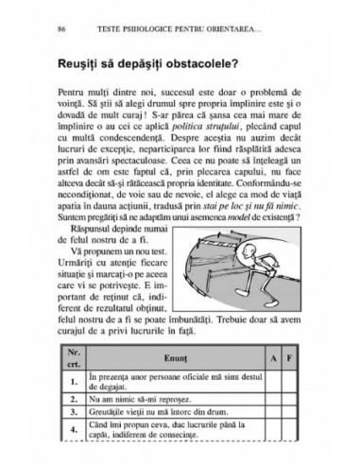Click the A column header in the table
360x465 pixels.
(270, 357)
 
